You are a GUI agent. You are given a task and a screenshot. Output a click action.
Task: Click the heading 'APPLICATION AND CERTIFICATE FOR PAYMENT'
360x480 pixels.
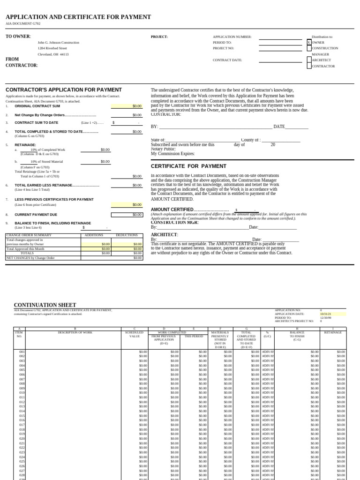coord(78,17)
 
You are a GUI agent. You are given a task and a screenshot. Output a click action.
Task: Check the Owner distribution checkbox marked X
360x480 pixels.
coord(309,42)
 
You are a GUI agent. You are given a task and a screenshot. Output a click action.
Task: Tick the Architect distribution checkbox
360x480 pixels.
coord(309,60)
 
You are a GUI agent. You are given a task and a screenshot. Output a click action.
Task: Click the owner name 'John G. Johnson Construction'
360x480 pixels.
coord(58,42)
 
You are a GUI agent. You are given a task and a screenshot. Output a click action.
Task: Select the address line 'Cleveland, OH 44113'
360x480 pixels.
coord(53,54)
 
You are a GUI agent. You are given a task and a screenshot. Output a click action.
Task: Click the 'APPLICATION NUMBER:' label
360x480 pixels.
coord(232,37)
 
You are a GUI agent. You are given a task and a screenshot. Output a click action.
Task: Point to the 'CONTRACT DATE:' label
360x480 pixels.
coord(227,60)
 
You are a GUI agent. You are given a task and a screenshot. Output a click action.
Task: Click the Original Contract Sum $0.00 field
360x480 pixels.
coord(127,106)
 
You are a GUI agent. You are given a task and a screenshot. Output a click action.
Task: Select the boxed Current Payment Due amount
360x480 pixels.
coord(127,215)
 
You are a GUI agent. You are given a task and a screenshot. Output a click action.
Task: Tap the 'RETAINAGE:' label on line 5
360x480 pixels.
coord(25,145)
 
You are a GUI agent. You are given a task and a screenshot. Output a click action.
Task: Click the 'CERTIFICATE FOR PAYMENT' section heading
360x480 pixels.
coord(182,166)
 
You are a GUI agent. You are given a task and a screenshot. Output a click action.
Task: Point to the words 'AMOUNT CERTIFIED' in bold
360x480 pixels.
coord(172,210)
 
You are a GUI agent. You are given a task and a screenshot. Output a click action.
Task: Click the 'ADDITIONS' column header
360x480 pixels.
coord(93,235)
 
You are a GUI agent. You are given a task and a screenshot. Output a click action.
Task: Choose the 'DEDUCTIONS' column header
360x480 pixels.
coord(127,235)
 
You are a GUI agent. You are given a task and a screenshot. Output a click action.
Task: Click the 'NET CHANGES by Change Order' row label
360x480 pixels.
coord(30,258)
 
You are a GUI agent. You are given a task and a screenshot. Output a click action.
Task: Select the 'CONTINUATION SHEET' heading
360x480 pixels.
coord(45,305)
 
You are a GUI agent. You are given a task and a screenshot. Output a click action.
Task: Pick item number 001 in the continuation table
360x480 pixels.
coord(22,351)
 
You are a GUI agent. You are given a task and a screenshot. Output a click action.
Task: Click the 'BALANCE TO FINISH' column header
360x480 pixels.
coord(297,334)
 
